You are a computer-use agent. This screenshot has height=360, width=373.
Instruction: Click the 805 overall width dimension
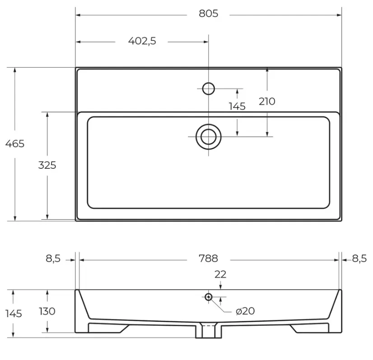pyautogui.click(x=208, y=14)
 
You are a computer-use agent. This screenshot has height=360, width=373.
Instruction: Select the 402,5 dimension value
pyautogui.click(x=142, y=41)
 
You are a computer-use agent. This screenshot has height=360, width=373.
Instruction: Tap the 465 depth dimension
pyautogui.click(x=15, y=144)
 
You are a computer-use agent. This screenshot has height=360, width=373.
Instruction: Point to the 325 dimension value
pyautogui.click(x=47, y=165)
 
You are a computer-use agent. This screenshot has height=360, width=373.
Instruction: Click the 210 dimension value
pyautogui.click(x=267, y=102)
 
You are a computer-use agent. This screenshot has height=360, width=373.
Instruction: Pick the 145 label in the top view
pyautogui.click(x=237, y=106)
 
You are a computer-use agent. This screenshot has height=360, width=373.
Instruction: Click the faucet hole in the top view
pyautogui.click(x=209, y=88)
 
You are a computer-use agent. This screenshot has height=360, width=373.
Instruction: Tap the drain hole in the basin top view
pyautogui.click(x=209, y=137)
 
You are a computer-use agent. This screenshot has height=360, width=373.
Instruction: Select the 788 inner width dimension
pyautogui.click(x=208, y=258)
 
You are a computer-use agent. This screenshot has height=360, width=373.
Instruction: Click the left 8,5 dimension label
pyautogui.click(x=53, y=258)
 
